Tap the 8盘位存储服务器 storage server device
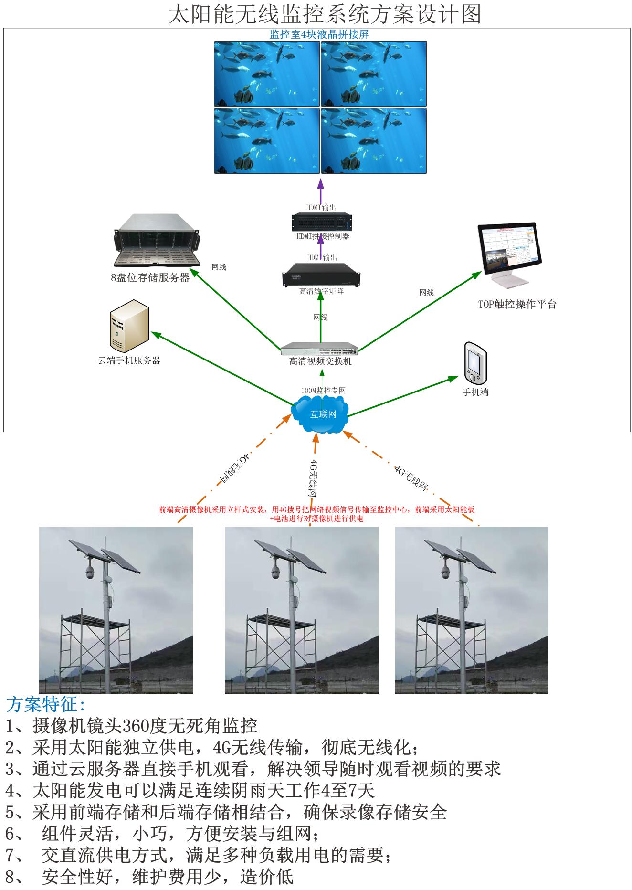156,241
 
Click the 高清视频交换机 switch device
320,349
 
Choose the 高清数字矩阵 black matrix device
321,275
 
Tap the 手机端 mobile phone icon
475,362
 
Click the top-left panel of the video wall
267,74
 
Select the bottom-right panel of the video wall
374,141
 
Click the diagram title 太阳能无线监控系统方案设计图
324,14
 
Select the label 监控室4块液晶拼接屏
319,35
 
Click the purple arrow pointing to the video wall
320,191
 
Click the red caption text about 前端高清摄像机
316,514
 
